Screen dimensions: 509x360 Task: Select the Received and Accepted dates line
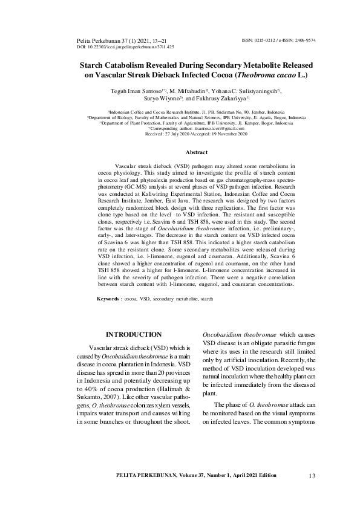coord(180,134)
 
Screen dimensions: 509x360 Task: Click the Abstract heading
coord(180,152)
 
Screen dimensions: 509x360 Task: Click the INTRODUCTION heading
coord(133,334)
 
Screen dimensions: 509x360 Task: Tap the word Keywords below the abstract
coord(109,299)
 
